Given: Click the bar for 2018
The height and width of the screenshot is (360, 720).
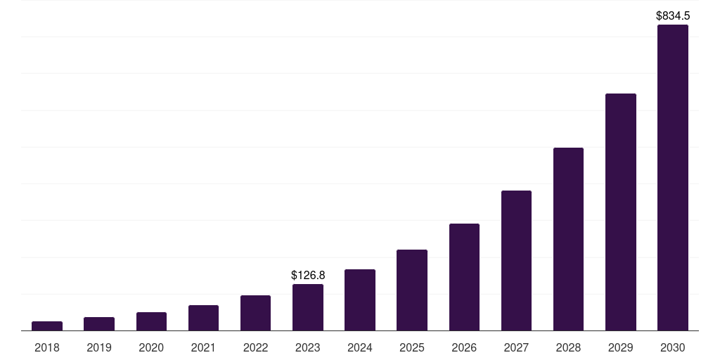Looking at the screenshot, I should [47, 326].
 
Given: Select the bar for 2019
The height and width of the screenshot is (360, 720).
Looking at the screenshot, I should [99, 323].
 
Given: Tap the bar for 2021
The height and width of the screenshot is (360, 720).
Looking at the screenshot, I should [203, 318].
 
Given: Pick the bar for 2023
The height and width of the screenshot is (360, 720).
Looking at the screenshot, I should [308, 307].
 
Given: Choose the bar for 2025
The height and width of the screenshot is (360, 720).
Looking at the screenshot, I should [412, 290].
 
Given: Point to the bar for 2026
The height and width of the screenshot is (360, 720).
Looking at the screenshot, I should [464, 277].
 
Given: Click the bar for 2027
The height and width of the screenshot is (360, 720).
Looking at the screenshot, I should [516, 260].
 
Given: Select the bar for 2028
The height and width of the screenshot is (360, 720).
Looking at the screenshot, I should [568, 239].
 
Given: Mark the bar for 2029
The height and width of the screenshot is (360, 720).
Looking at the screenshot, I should [621, 212].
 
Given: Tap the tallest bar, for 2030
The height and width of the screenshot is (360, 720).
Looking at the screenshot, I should [673, 177].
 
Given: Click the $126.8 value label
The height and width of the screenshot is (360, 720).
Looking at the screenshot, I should [308, 275].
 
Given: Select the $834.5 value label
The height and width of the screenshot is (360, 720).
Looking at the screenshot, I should [673, 15].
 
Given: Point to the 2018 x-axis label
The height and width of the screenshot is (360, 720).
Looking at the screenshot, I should [47, 347].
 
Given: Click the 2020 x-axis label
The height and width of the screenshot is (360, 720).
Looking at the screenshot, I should [151, 347].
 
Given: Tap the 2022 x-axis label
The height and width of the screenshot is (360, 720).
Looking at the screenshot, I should [256, 347].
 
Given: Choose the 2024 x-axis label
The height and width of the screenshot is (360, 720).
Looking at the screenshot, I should [360, 347].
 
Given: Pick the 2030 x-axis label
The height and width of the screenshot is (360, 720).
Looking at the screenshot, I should [673, 347].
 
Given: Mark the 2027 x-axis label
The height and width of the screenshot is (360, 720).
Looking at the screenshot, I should [516, 347].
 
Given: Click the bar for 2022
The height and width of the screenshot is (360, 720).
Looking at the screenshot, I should [256, 313].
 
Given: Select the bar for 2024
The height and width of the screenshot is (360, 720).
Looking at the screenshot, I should [360, 300].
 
